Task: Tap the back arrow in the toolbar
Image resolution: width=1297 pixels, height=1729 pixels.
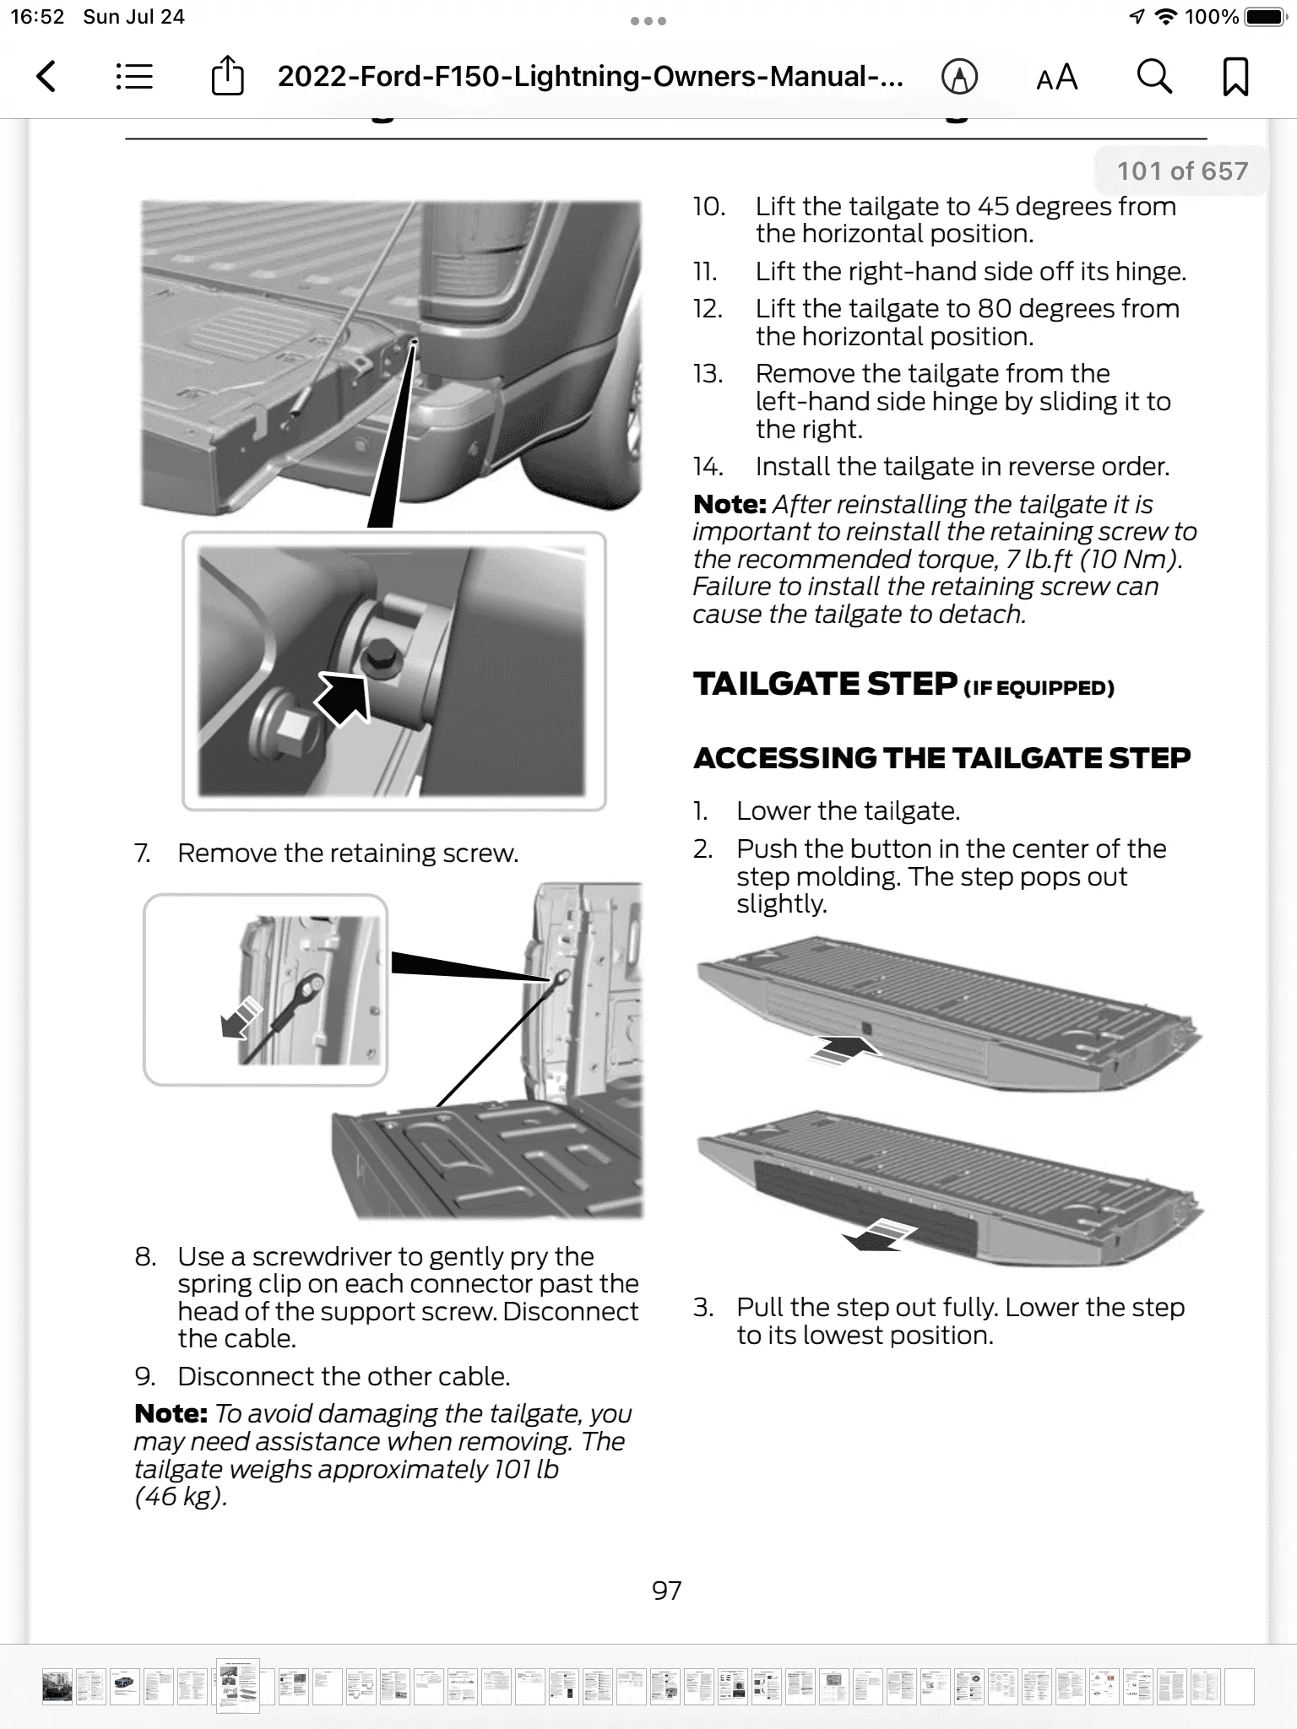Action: tap(47, 77)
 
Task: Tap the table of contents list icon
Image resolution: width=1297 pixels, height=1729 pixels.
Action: tap(134, 77)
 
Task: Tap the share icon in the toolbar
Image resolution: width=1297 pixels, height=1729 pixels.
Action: tap(226, 77)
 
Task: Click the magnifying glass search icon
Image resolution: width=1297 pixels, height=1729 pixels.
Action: tap(1153, 77)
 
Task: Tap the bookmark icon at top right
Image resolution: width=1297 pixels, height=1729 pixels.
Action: tap(1235, 77)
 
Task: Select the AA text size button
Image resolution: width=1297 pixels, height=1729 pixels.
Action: tap(1057, 78)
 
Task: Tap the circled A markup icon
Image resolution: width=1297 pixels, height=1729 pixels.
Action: tap(959, 77)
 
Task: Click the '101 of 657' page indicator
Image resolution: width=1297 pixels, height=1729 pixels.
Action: tap(1181, 171)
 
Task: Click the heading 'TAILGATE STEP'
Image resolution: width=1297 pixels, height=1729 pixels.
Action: tap(825, 684)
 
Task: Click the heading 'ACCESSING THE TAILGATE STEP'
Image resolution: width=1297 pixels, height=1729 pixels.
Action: tap(942, 758)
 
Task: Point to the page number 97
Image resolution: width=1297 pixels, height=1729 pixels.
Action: tap(666, 1591)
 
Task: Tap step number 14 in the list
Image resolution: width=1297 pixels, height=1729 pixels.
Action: tap(708, 467)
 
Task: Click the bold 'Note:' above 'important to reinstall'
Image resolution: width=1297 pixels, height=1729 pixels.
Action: tap(729, 505)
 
